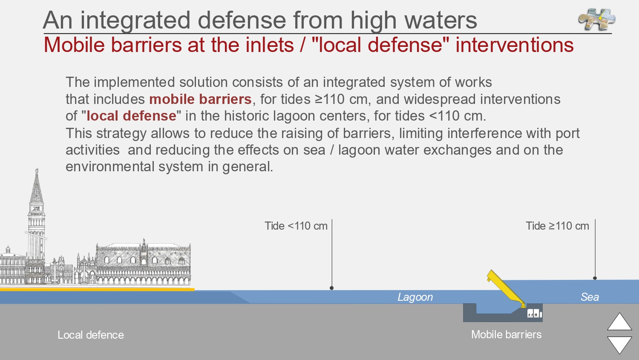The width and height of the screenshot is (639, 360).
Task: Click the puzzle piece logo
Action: (596, 19)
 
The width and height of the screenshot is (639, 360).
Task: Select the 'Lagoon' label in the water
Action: (415, 297)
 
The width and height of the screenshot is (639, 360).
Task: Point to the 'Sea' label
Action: (590, 297)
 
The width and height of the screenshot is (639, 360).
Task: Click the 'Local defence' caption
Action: (91, 335)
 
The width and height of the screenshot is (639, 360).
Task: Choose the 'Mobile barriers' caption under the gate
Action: (507, 334)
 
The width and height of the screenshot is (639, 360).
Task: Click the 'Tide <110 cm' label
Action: (296, 226)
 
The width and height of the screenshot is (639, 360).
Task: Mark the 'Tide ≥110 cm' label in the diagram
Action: (557, 226)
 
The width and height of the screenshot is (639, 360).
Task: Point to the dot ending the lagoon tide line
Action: (331, 288)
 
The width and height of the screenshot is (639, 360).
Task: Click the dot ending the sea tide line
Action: (595, 278)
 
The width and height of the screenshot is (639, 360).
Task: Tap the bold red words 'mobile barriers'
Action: (200, 99)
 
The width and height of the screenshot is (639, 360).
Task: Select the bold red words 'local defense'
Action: (131, 116)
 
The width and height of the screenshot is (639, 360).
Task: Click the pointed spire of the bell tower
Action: (37, 185)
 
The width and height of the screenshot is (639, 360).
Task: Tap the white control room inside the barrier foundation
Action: (534, 313)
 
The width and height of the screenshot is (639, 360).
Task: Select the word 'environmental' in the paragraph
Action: (110, 167)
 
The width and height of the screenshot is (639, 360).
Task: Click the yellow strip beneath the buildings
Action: (97, 289)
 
